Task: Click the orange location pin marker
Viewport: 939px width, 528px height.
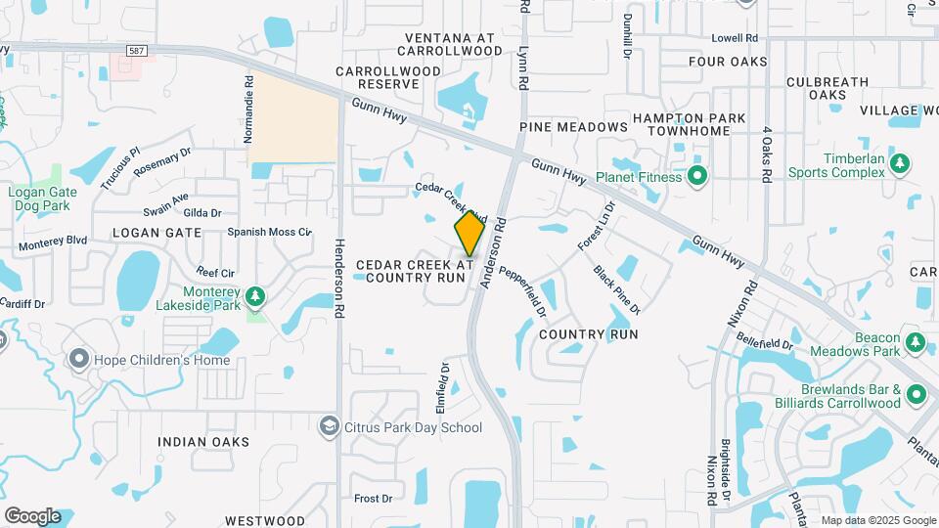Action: pos(469,234)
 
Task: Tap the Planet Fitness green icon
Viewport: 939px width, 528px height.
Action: pos(696,177)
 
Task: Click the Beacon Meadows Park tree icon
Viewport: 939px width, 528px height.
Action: pos(916,342)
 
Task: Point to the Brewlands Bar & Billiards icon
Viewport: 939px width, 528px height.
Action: pos(916,394)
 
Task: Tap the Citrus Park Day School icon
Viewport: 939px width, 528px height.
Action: pos(330,426)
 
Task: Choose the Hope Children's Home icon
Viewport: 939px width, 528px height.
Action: pos(78,359)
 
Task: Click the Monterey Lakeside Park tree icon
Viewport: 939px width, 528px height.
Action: pos(254,294)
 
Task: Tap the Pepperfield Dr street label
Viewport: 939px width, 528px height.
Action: pos(522,290)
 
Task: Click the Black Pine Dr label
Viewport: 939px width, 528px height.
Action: pos(616,289)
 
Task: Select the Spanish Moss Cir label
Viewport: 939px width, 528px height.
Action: pos(269,233)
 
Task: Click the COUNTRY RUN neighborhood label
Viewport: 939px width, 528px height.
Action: pos(589,334)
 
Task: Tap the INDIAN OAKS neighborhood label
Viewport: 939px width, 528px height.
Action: pos(203,442)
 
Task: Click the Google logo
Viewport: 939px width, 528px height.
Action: pos(32,515)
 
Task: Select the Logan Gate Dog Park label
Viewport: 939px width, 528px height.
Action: pos(39,198)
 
